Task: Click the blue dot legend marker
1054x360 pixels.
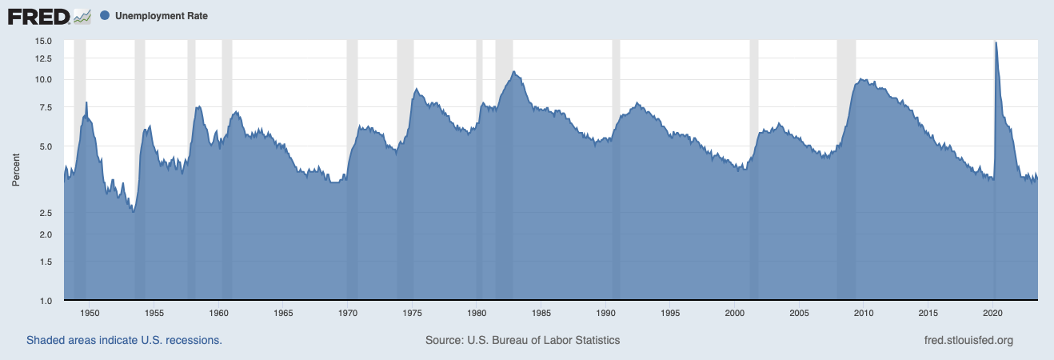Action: (106, 16)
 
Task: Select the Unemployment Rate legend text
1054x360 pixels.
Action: (161, 16)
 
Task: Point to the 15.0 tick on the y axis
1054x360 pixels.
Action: (43, 41)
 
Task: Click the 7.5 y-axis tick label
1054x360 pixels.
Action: (46, 107)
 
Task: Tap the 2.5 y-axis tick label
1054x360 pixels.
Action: (46, 213)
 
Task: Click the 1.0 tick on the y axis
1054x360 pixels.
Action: (46, 301)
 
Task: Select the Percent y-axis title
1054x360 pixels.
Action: (16, 171)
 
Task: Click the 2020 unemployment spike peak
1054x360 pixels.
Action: (995, 42)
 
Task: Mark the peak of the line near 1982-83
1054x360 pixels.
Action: (513, 72)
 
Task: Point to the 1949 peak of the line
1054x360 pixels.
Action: (86, 102)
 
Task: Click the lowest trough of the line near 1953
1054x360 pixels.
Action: (133, 211)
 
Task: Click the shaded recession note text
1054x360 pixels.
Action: (124, 340)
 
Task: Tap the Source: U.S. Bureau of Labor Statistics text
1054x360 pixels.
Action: (522, 340)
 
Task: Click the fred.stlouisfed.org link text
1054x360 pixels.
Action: (968, 340)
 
